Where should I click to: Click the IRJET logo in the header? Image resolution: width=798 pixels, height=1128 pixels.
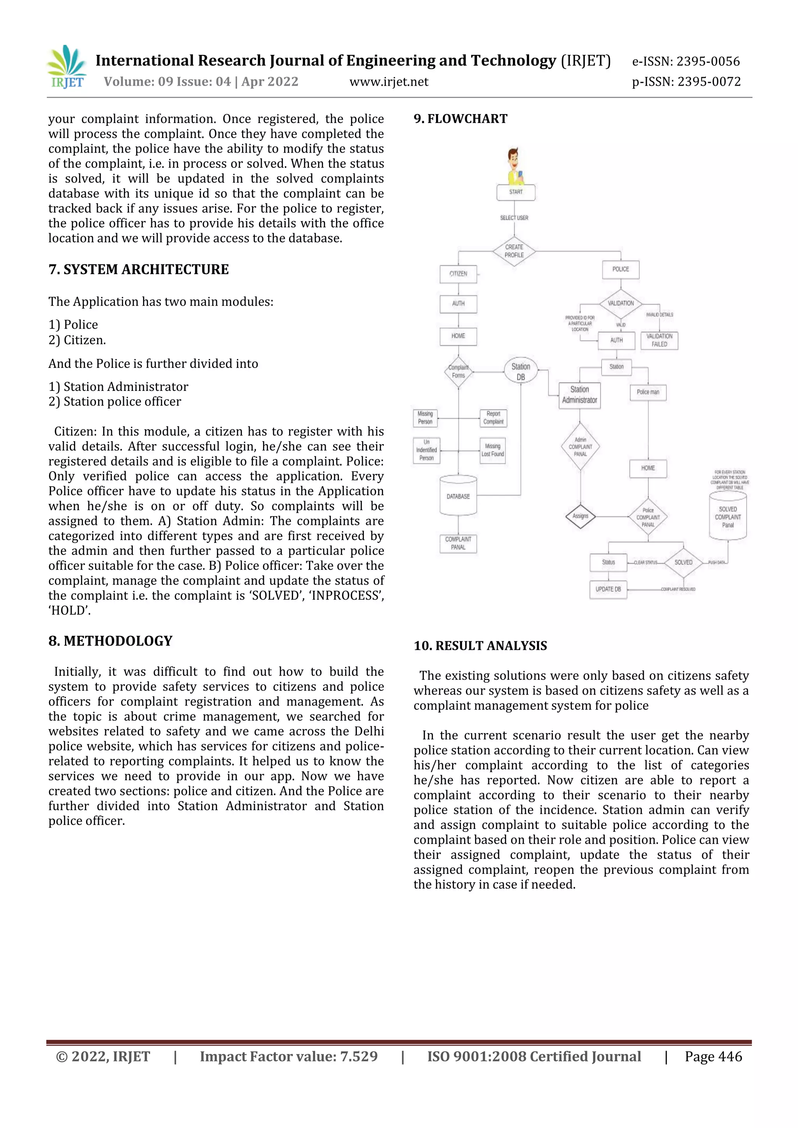point(67,67)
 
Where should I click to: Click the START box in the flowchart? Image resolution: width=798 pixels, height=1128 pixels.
point(516,192)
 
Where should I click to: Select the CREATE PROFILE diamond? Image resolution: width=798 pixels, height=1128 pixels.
point(514,251)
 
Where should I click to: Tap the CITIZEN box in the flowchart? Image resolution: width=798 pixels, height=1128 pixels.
point(458,274)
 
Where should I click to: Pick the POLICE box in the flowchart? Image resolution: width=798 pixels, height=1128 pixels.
point(620,269)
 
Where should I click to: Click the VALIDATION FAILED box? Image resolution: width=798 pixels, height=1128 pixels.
point(659,340)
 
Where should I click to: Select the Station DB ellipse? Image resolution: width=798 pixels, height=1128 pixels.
point(521,372)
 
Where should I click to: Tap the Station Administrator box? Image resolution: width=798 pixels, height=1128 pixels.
point(580,395)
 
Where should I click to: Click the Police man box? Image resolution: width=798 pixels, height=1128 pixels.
point(648,392)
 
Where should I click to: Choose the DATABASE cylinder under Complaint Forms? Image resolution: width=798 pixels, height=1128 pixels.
point(458,496)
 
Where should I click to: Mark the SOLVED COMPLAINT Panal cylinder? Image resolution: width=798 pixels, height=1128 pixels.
point(728,516)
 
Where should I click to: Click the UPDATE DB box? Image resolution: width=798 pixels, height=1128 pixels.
point(608,589)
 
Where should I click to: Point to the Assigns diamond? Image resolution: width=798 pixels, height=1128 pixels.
point(580,516)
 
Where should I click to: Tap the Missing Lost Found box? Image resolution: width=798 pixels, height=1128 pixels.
point(493,450)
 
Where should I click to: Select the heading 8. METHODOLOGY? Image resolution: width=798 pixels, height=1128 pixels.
point(111,641)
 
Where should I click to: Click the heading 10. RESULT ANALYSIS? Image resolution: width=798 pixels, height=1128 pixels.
point(480,646)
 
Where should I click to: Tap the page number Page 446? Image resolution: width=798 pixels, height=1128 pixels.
point(713,1056)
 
